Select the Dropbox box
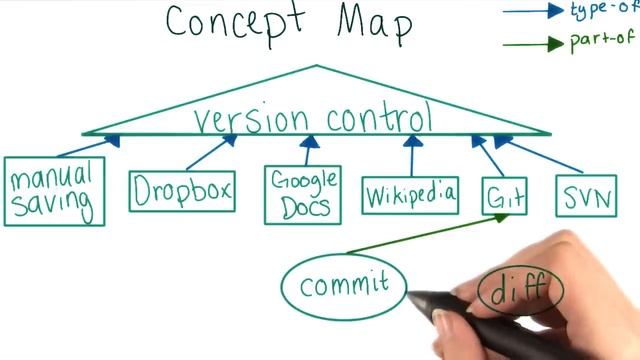pos(182,190)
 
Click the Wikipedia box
pos(410,191)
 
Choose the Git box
pos(504,195)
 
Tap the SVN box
pos(586,193)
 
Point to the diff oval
pos(520,290)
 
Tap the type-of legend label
pos(603,10)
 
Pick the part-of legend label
pos(603,43)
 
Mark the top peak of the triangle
pos(317,66)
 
